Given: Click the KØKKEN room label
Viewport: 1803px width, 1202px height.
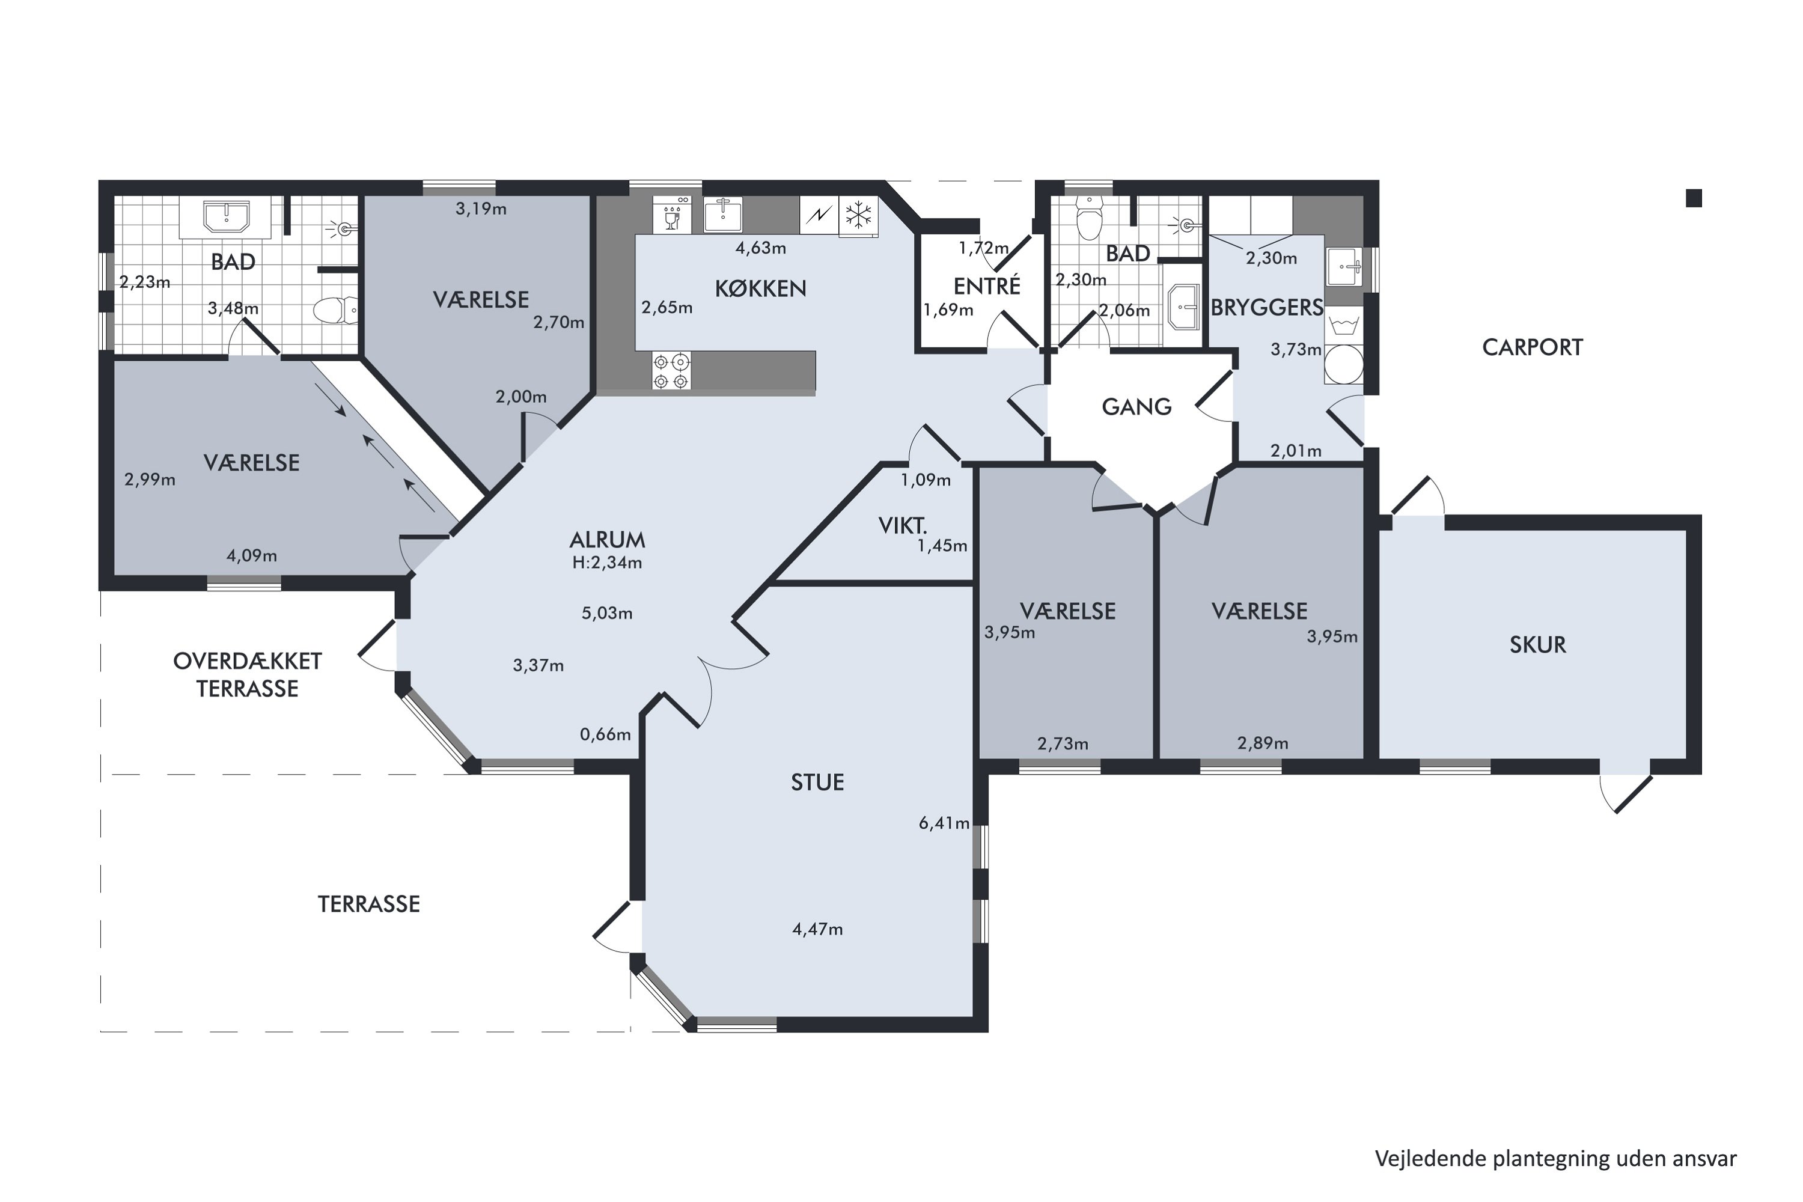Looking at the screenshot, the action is coord(760,289).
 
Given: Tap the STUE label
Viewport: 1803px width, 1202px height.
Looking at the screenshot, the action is coord(817,783).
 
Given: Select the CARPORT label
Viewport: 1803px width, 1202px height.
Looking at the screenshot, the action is coord(1533,348).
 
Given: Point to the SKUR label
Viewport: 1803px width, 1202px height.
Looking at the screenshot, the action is coord(1538,645).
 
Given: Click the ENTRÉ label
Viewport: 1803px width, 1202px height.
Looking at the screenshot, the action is coord(987,286).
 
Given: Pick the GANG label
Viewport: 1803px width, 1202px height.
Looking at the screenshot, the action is coord(1137,407).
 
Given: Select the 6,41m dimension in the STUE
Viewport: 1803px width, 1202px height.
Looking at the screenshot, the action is coord(944,823).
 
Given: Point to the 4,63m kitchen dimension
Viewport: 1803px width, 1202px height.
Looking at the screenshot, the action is coord(760,248).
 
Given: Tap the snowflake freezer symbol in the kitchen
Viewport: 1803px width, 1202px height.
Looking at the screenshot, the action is coord(859,215).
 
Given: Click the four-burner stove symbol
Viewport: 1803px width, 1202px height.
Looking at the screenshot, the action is coord(671,371).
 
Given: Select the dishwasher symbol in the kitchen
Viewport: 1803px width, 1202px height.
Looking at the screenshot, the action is coord(673,215).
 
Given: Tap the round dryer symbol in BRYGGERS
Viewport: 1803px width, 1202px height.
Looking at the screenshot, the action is coord(1344,365).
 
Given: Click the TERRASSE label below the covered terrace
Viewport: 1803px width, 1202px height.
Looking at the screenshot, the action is coord(369,905).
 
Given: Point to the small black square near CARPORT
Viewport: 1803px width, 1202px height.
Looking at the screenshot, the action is coord(1694,198).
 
